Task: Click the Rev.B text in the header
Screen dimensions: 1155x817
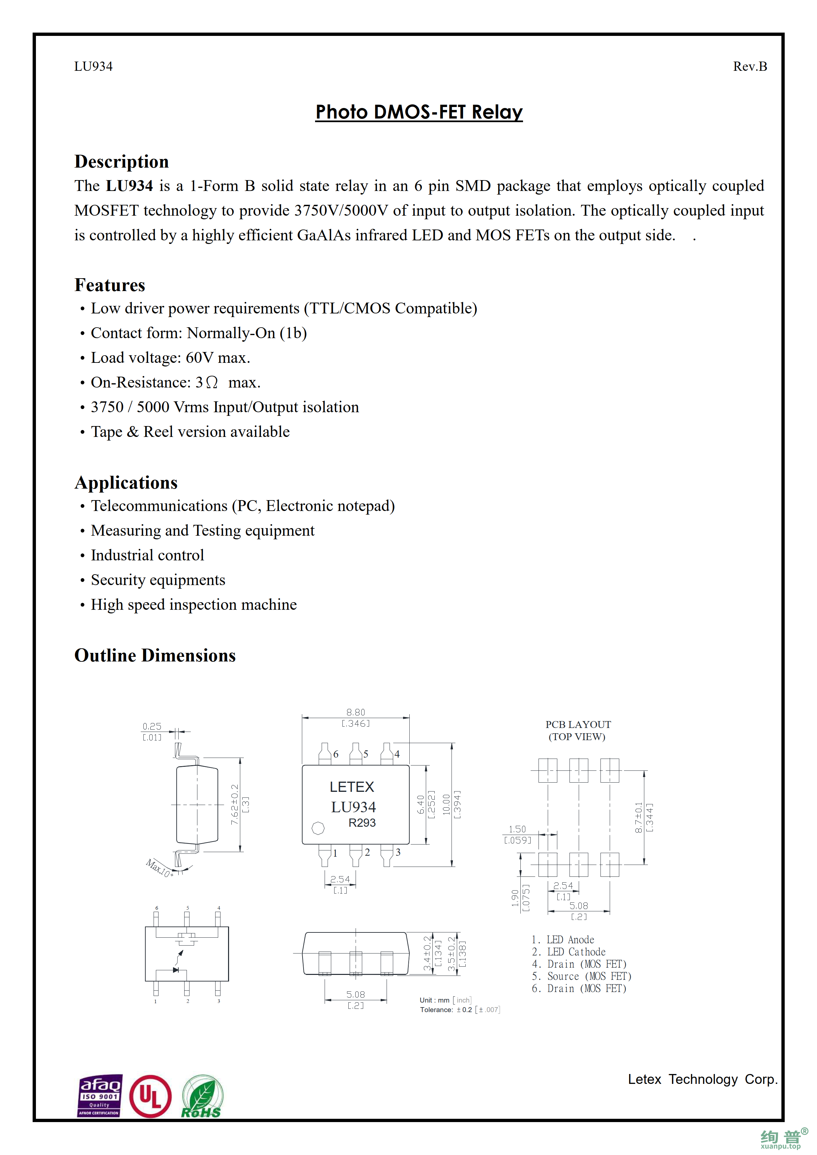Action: click(749, 67)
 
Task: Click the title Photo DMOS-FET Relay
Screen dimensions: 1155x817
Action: click(419, 112)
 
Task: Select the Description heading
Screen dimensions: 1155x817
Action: click(121, 161)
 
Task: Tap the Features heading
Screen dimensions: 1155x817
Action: click(110, 285)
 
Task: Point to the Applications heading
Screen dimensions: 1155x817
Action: click(126, 482)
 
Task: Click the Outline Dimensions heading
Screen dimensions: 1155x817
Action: click(155, 656)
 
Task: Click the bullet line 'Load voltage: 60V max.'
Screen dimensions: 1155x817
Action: click(170, 358)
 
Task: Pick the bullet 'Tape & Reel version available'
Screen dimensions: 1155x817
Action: click(190, 432)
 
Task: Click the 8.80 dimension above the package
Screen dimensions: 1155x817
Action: click(355, 712)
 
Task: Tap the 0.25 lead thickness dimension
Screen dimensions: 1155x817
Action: click(152, 726)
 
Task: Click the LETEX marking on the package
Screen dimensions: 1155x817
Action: click(352, 787)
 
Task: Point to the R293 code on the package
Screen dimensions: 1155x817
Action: click(362, 823)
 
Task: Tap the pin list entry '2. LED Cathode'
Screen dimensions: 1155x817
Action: click(569, 952)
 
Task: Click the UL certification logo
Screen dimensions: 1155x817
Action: click(150, 1096)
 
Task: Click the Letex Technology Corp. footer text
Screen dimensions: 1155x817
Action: click(702, 1080)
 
